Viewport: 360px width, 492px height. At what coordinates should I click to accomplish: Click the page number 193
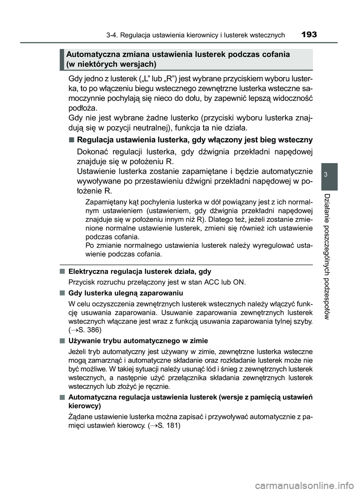click(308, 35)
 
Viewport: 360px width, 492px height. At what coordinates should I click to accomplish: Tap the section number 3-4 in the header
click(113, 36)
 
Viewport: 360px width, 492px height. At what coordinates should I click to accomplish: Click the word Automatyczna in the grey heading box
click(89, 54)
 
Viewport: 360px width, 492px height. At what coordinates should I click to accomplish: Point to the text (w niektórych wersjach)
click(111, 64)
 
